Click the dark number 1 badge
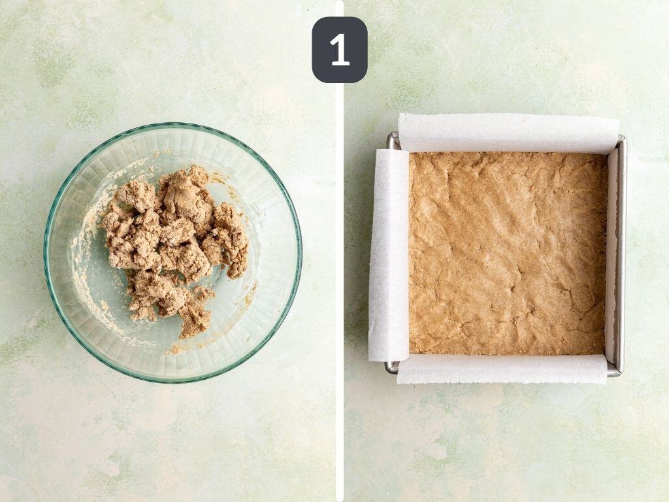(x=339, y=50)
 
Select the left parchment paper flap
(x=389, y=255)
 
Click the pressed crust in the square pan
(x=508, y=254)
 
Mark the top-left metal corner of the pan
(x=393, y=139)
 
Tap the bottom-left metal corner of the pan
(x=391, y=367)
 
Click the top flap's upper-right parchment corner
(x=618, y=120)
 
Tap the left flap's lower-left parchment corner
(x=370, y=359)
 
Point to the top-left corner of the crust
(x=412, y=155)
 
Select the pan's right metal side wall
(x=621, y=255)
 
